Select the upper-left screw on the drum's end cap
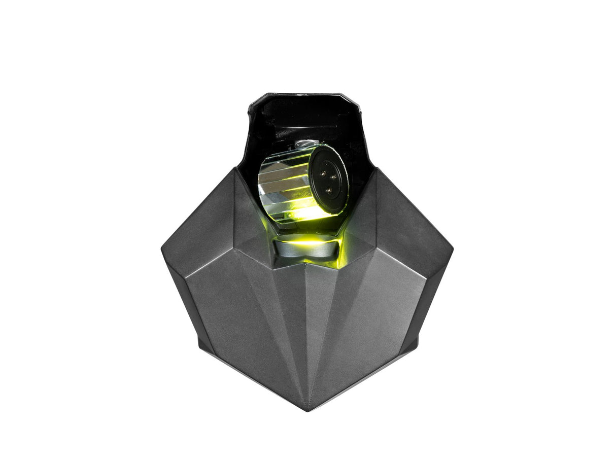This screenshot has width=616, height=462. point(323,173)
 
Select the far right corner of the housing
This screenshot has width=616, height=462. point(452,248)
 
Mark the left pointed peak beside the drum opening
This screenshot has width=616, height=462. point(235,170)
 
